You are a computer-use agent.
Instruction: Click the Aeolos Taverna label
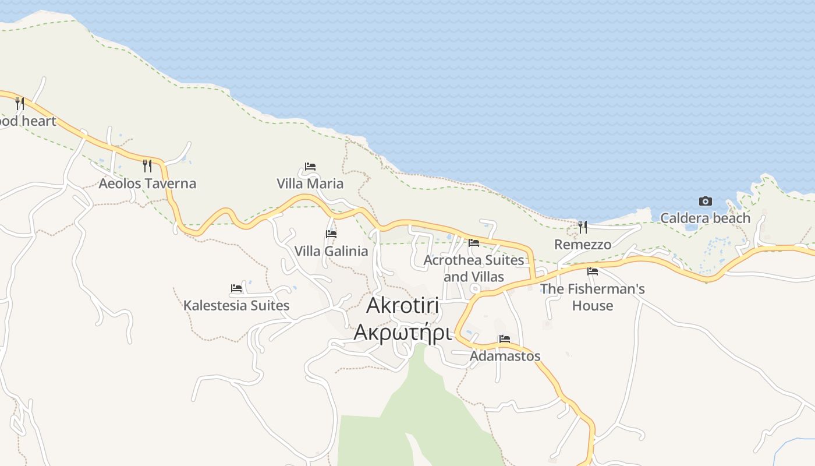tap(147, 183)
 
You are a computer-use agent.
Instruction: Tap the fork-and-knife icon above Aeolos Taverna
tap(147, 166)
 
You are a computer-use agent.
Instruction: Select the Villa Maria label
tap(310, 183)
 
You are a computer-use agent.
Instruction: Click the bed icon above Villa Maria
tap(310, 167)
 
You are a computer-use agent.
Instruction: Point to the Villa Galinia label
tap(331, 251)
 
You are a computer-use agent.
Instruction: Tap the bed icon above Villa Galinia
tap(331, 234)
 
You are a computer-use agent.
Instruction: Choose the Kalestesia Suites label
tap(236, 305)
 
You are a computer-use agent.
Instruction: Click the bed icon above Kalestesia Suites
tap(236, 288)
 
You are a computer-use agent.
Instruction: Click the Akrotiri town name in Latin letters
tap(403, 306)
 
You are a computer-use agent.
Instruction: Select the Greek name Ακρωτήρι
tap(403, 333)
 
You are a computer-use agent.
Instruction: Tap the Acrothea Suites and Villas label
tap(474, 268)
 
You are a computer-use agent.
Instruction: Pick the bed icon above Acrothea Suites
tap(474, 243)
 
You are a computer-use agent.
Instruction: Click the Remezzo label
tap(583, 245)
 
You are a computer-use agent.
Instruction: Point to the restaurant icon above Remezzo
tap(583, 227)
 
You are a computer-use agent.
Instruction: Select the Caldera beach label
tap(705, 218)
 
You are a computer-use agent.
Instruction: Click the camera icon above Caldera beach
tap(706, 202)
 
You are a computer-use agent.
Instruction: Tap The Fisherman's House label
tap(593, 297)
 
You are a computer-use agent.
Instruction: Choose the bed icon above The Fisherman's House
tap(593, 271)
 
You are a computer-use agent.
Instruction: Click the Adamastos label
tap(505, 356)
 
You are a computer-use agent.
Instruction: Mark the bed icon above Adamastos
tap(505, 339)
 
